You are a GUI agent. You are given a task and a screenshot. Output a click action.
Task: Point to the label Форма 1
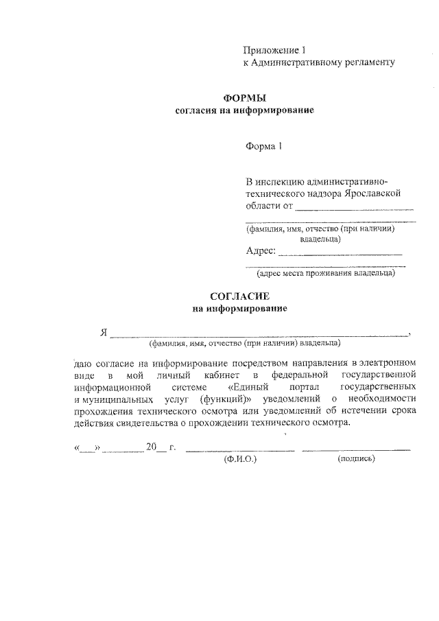click(264, 146)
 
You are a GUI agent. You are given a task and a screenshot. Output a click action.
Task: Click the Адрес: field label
click(261, 251)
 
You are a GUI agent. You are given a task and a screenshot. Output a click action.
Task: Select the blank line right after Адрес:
click(341, 253)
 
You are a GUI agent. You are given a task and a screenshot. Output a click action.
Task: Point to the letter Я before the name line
click(104, 333)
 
